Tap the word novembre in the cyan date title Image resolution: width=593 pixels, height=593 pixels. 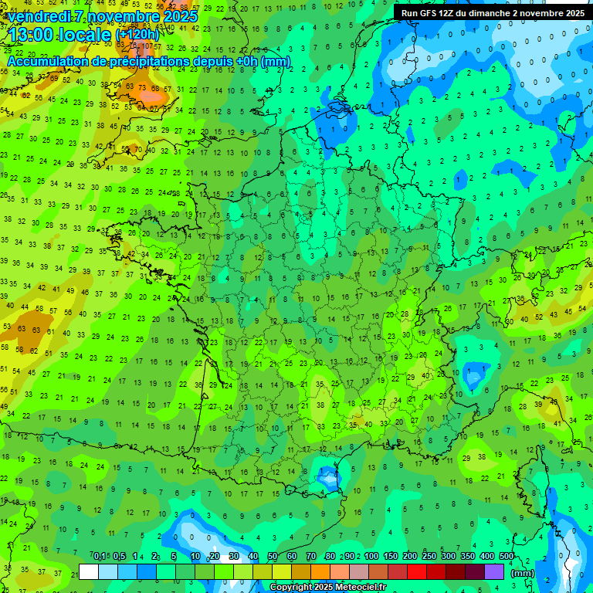120,16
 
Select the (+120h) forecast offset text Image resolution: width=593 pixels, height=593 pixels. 137,35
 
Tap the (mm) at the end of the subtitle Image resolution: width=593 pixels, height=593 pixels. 276,61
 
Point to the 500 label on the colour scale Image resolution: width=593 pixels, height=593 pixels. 506,557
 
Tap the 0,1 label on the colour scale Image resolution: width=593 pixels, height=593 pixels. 100,557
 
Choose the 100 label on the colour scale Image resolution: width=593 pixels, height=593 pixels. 371,557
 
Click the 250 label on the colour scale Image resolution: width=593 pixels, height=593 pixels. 429,557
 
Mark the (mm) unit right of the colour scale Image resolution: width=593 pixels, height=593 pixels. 523,573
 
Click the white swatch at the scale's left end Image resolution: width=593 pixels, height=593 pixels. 89,572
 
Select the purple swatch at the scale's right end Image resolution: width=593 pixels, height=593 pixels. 494,572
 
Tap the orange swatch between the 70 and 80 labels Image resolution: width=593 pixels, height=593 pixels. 320,572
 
